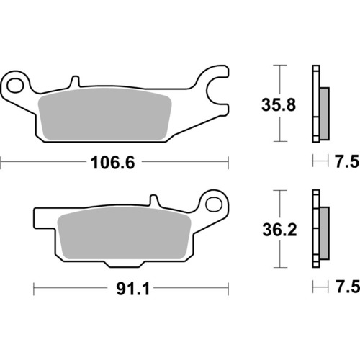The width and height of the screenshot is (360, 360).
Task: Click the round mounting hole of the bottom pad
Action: click(x=214, y=204)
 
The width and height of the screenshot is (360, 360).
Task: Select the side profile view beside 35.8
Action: click(x=319, y=104)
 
